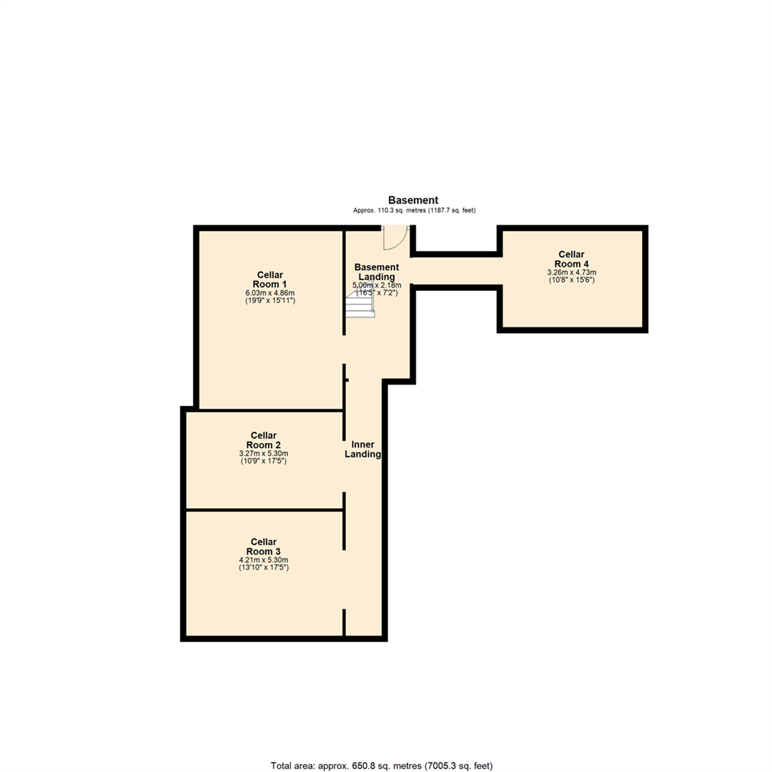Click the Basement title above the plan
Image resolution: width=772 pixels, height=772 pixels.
coord(413,200)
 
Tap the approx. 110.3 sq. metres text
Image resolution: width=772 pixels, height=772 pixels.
coord(414,211)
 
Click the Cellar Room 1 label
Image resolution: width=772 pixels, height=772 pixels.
coord(270,279)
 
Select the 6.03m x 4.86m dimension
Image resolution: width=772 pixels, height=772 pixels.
coord(270,293)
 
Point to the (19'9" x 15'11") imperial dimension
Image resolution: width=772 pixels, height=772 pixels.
coord(270,301)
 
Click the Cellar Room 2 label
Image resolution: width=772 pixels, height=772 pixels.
coord(264,440)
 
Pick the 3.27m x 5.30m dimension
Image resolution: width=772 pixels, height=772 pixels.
coord(264,453)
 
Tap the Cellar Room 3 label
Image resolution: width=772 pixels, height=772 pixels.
coord(264,546)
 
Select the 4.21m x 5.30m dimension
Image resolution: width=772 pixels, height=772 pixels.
coord(264,560)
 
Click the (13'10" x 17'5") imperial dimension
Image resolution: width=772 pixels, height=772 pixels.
coord(264,568)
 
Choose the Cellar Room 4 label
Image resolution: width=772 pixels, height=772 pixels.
coord(571,259)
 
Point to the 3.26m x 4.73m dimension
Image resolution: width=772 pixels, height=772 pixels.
coord(571,272)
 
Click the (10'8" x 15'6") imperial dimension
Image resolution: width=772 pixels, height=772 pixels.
coord(571,280)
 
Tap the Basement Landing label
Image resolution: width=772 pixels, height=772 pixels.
coord(377,272)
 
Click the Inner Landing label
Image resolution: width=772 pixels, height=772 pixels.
coord(363,449)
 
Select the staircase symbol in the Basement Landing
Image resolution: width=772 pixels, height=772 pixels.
coord(360,307)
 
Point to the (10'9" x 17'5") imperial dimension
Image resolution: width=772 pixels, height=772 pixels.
coord(264,461)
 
